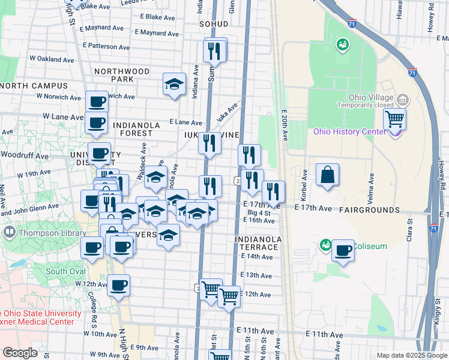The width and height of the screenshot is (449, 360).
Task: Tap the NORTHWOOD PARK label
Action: [122, 75]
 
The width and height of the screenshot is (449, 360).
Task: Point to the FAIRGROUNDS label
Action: [369, 210]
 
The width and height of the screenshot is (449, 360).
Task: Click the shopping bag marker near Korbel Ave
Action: [328, 175]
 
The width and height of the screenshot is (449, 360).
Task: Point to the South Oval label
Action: [65, 271]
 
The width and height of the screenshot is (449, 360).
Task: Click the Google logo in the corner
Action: [20, 353]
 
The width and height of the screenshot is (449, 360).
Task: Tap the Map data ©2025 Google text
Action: [411, 355]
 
